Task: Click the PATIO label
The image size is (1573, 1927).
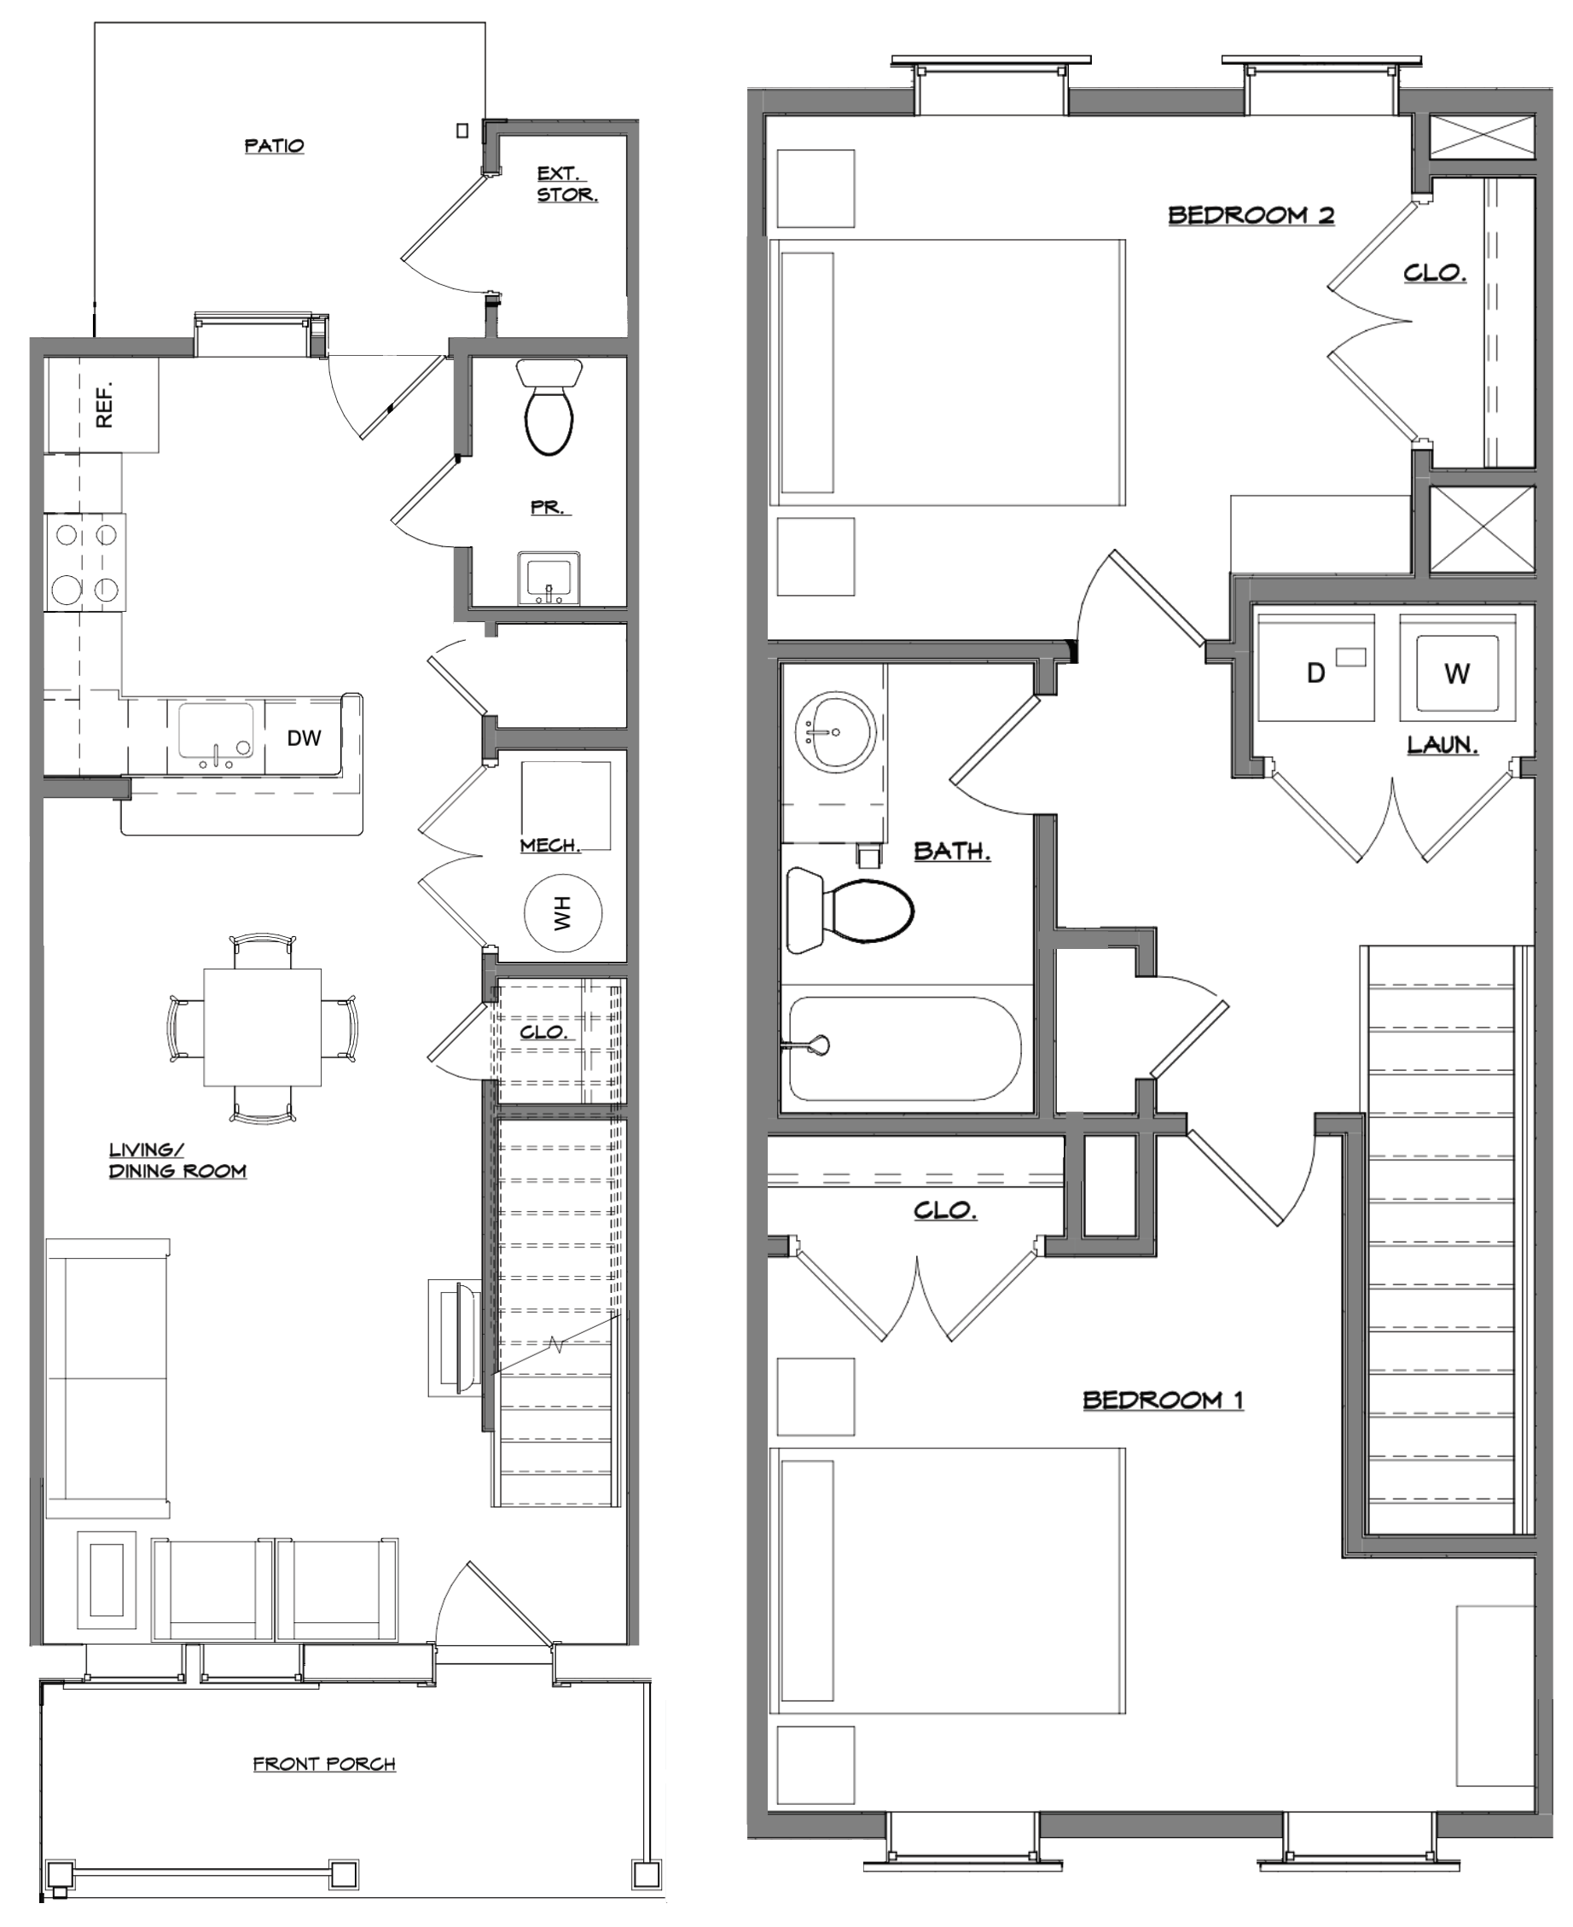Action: pos(275,146)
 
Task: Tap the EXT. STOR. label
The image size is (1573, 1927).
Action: pos(567,184)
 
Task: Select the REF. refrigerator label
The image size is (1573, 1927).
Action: pos(105,405)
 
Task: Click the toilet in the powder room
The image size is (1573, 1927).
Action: pos(549,406)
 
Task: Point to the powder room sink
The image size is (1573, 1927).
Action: pos(549,579)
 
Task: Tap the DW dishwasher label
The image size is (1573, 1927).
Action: pos(305,738)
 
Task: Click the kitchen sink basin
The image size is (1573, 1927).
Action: pos(216,730)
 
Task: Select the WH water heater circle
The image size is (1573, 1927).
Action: pos(563,913)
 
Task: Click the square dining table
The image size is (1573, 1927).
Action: pos(262,1027)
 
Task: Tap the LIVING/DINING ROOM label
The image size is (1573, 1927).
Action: pos(177,1160)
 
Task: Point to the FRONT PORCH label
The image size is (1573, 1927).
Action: pos(324,1764)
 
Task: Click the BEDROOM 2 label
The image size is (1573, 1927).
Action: pos(1251,215)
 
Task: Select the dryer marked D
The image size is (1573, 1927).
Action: pos(1315,668)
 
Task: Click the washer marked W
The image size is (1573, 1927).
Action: pos(1458,668)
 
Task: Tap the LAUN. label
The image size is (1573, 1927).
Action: pos(1442,745)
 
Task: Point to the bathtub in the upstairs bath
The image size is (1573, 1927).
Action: pos(904,1049)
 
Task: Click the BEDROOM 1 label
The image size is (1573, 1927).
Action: pos(1164,1400)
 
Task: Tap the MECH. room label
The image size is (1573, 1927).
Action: pos(550,846)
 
